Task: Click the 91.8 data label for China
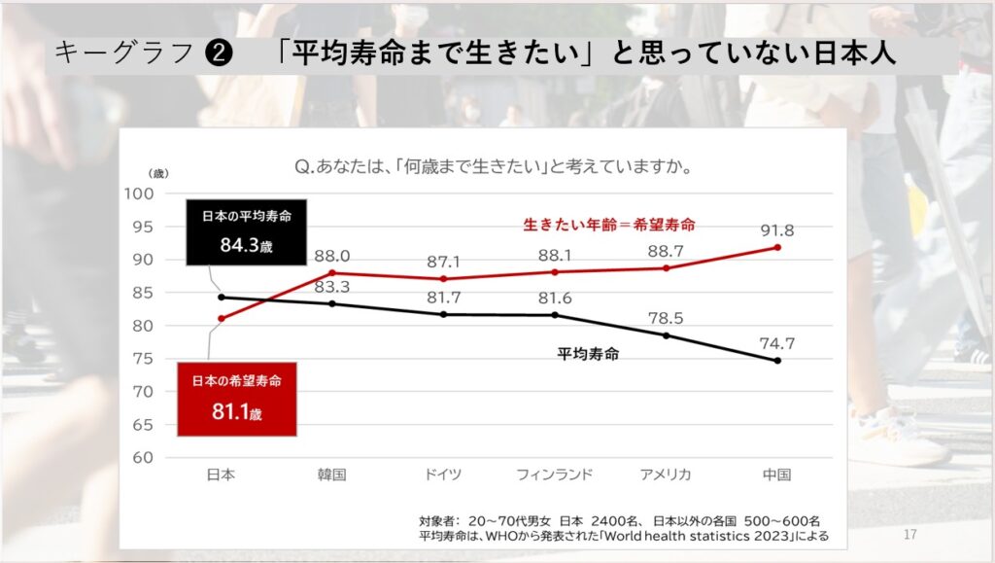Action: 776,230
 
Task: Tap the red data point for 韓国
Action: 332,272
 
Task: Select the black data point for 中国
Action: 777,361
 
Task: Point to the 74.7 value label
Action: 776,342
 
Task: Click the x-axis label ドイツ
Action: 443,475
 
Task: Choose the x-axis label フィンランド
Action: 555,475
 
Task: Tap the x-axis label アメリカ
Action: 666,475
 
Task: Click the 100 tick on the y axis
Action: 141,193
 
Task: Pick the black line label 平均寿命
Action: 588,354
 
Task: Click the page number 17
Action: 910,535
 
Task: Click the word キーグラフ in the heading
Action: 123,54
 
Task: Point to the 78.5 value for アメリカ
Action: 666,317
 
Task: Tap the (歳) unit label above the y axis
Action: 157,172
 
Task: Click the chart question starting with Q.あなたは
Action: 493,166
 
